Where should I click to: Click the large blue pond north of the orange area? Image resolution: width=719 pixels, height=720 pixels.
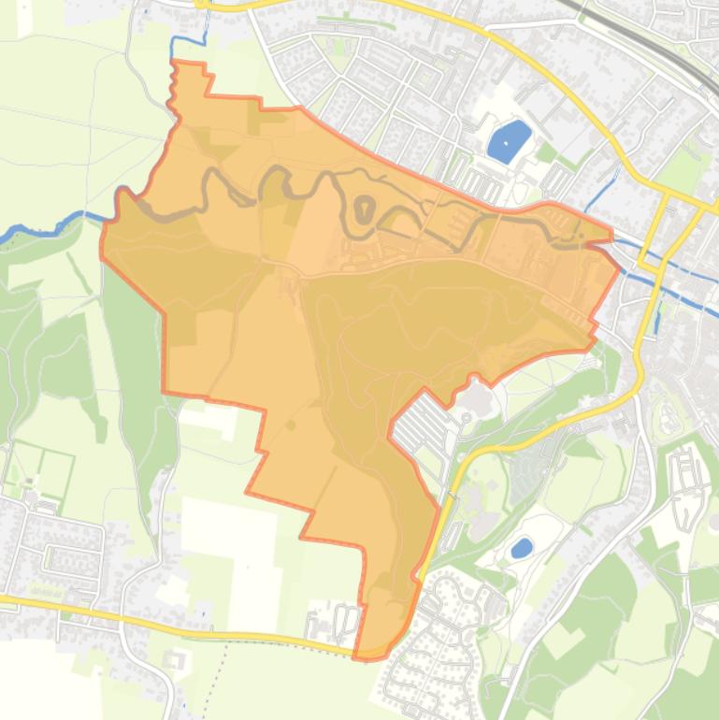508,141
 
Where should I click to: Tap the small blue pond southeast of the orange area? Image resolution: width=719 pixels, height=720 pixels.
522,547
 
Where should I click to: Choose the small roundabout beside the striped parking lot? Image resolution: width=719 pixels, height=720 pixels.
466,418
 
